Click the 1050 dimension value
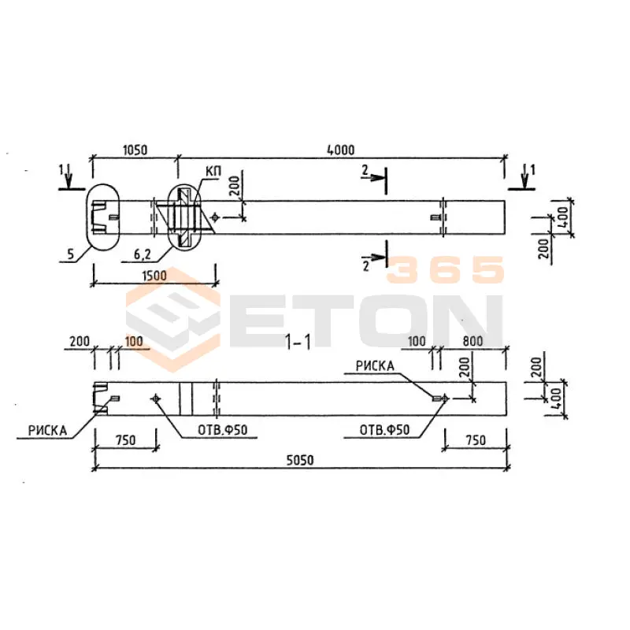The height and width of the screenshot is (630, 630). (x=135, y=150)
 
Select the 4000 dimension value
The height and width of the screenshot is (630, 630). (x=341, y=150)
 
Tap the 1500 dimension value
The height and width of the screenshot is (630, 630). (x=154, y=276)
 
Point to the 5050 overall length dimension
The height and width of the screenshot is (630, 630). (x=300, y=460)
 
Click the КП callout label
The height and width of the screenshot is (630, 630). (x=213, y=171)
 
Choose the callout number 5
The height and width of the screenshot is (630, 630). (x=71, y=254)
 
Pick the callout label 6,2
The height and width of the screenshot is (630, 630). (x=143, y=254)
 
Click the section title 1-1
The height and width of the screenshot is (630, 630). (x=298, y=343)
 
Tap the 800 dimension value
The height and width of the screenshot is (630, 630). (x=472, y=341)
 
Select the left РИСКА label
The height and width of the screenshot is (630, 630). (x=47, y=431)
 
